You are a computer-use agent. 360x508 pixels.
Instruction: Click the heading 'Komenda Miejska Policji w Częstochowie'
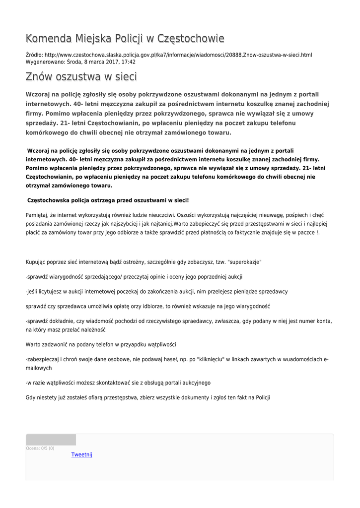[125, 39]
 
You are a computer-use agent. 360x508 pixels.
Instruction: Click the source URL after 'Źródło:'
[178, 55]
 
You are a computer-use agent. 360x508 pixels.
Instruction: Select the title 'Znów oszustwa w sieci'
[81, 77]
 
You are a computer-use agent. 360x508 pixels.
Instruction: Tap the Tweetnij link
[82, 454]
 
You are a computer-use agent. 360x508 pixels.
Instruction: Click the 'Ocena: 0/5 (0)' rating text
[40, 448]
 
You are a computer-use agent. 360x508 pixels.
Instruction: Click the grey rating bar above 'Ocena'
[51, 440]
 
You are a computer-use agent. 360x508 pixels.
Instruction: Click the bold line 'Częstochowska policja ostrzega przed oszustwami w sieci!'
[108, 200]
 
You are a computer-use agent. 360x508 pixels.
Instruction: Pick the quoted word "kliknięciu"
[212, 359]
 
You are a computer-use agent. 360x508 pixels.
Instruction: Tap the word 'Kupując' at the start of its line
[37, 262]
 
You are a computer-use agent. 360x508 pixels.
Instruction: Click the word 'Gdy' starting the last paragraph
[31, 397]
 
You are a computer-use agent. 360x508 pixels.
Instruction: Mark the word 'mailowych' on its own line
[39, 368]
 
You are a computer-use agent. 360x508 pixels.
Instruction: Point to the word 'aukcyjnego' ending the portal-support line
[196, 382]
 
